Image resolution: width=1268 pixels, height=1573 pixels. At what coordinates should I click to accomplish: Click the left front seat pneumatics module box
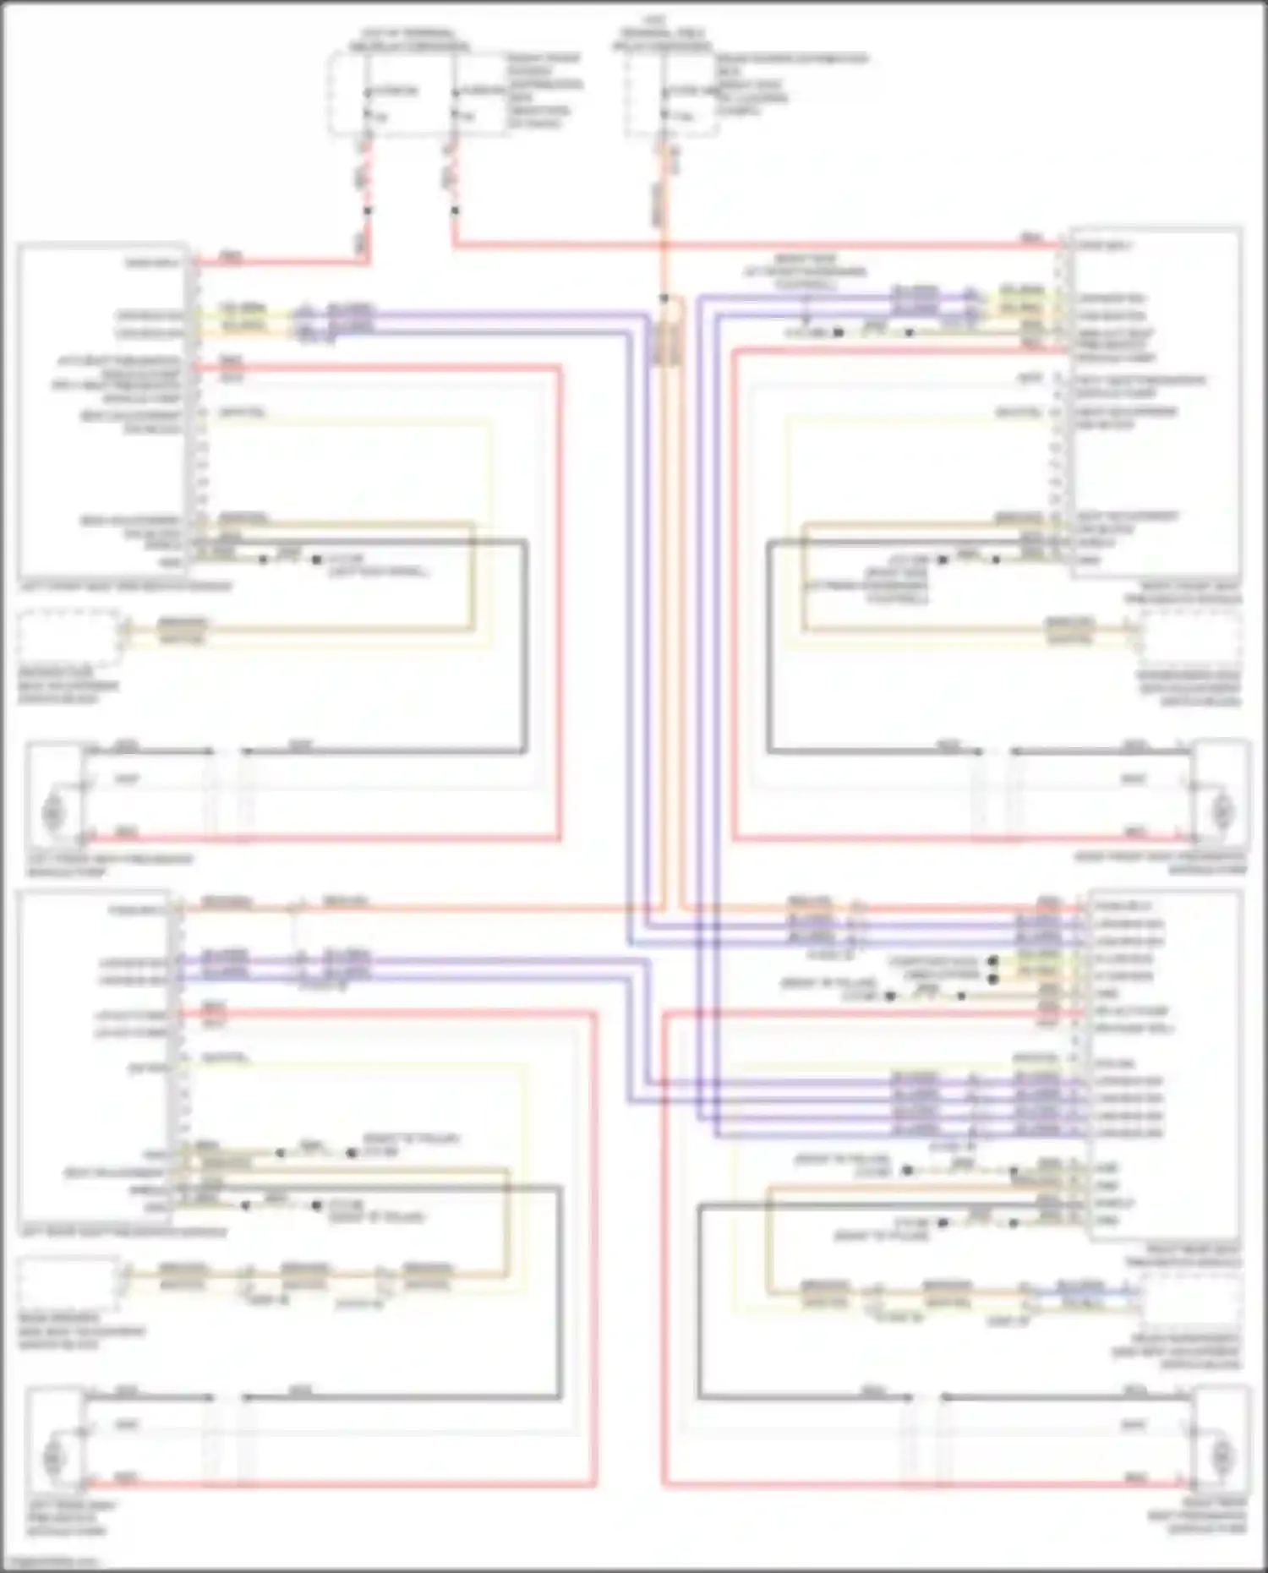[x=101, y=410]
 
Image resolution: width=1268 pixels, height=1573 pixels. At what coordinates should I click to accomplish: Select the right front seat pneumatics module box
[x=1156, y=401]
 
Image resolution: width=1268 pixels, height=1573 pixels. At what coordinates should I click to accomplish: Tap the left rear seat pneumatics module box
[x=93, y=1057]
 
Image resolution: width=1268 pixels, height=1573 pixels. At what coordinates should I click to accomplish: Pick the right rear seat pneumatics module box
[x=1164, y=1065]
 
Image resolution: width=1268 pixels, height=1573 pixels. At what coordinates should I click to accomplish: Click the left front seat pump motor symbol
[x=53, y=812]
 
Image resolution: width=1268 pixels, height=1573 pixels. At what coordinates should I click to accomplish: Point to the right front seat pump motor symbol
[x=1221, y=811]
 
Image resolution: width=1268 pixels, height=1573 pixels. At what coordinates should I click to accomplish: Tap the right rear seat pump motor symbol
[x=1221, y=1456]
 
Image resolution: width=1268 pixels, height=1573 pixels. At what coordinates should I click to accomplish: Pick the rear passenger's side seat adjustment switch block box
[x=1189, y=1297]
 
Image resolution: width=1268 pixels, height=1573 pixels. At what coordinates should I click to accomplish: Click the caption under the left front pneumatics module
[x=124, y=586]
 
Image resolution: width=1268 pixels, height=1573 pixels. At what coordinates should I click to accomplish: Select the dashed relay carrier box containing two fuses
[x=414, y=93]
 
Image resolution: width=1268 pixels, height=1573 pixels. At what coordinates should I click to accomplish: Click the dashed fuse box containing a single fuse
[x=672, y=95]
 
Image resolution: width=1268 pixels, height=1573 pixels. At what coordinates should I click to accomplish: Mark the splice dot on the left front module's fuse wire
[x=367, y=210]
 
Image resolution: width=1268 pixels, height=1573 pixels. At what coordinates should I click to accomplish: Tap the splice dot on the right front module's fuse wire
[x=455, y=210]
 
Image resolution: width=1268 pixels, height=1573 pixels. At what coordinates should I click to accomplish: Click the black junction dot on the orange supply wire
[x=664, y=298]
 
